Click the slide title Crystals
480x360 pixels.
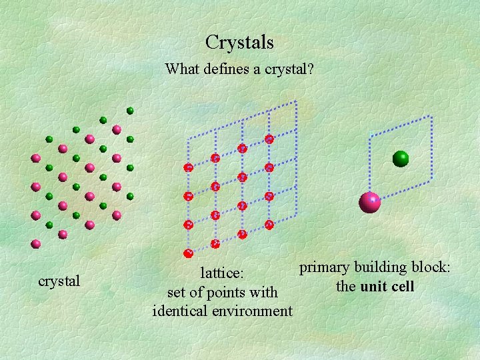239,43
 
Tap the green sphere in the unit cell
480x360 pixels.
401,158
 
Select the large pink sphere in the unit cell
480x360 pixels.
370,201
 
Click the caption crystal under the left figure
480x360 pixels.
59,281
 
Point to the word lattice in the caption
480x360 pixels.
223,273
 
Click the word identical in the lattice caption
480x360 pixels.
179,311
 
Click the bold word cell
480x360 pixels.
403,287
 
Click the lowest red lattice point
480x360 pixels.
188,253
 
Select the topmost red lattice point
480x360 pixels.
269,139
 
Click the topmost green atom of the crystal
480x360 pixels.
130,110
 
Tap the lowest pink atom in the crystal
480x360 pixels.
36,244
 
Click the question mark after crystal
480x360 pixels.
310,69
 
